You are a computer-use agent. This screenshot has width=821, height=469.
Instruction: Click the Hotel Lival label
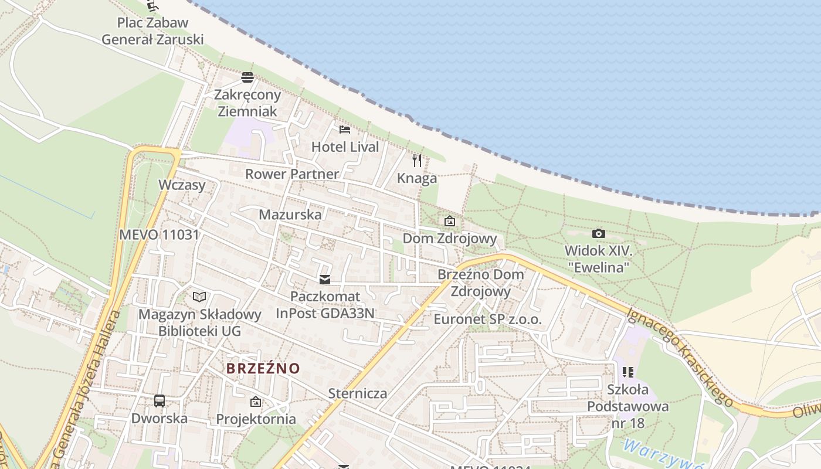coord(345,147)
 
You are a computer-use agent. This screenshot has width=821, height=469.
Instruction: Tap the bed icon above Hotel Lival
coord(345,129)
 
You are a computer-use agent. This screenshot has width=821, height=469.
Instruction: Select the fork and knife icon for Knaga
coord(417,160)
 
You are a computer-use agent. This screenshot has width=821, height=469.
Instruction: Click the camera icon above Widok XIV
coord(598,233)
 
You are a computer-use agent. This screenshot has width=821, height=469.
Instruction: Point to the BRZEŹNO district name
coord(263,369)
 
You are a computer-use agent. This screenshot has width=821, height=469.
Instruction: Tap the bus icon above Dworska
coord(160,401)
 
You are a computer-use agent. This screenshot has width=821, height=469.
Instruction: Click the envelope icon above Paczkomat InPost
coord(325,279)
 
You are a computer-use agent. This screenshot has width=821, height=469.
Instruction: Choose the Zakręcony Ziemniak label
coord(247,103)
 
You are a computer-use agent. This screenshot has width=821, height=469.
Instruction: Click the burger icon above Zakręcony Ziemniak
coord(247,77)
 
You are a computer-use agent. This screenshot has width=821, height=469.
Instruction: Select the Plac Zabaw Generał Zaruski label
coord(152,31)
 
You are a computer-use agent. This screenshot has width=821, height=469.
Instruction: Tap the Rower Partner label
coord(292,174)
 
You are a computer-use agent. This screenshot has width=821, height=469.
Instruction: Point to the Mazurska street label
coord(290,215)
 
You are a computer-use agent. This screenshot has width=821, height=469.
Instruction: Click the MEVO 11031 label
coord(159,235)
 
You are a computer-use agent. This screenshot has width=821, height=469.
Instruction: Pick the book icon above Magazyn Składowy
coord(199,297)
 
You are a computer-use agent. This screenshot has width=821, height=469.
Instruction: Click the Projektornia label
coord(256,419)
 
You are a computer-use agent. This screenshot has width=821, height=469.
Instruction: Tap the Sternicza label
coord(358,393)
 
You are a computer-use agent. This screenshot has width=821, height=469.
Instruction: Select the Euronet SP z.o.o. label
coord(487,320)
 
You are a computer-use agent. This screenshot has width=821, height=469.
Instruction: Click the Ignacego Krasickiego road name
coord(680,356)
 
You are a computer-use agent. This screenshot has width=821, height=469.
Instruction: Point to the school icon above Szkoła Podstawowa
coord(628,372)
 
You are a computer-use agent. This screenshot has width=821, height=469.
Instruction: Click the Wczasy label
coord(182,185)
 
